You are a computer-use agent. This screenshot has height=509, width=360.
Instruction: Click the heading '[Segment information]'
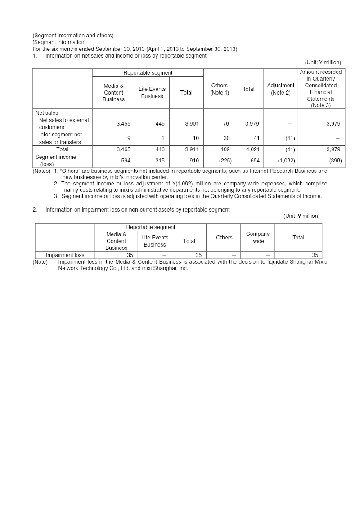(59, 42)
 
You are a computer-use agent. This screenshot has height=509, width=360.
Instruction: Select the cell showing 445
(160, 124)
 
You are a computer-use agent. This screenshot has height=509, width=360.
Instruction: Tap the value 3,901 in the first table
(192, 124)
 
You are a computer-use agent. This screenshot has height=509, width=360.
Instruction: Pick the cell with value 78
(226, 124)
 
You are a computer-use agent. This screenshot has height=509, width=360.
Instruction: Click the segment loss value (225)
(225, 161)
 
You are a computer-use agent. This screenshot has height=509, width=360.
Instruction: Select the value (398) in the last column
(335, 161)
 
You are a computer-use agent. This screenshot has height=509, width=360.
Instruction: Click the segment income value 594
(126, 161)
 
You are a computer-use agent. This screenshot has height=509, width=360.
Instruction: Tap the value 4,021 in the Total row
(252, 149)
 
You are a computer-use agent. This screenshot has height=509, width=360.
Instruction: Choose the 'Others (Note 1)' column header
(220, 89)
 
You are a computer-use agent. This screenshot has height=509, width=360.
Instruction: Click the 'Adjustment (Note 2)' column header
(281, 89)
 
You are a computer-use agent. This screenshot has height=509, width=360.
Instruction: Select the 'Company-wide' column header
(258, 238)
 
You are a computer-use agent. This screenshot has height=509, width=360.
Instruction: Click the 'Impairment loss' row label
(65, 255)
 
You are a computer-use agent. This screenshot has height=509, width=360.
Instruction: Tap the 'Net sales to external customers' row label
(63, 124)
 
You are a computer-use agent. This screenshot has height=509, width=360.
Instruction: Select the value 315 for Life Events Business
(160, 161)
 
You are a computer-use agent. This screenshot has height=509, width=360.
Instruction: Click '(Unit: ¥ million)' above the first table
(323, 63)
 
